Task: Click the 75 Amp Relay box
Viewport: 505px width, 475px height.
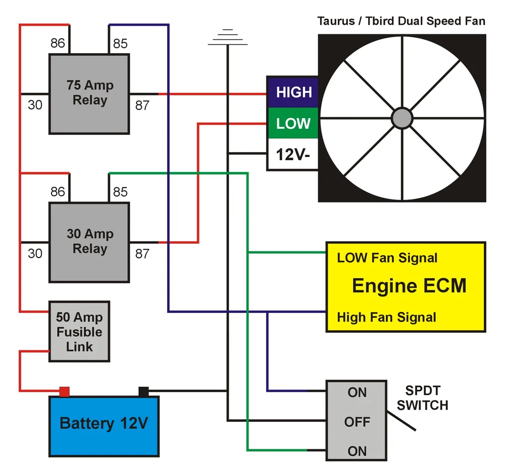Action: click(x=89, y=94)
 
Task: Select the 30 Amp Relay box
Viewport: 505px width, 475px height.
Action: click(x=89, y=242)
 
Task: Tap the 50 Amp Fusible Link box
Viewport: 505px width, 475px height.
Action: click(x=79, y=332)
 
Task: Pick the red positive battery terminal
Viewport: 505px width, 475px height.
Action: click(x=64, y=391)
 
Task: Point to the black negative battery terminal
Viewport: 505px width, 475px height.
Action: click(x=143, y=391)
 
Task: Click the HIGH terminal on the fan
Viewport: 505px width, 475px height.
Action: click(x=293, y=92)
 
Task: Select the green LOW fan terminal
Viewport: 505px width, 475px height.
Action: click(x=293, y=123)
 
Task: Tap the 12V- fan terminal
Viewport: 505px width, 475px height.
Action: click(x=293, y=154)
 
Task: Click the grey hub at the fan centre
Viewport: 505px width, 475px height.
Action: click(x=402, y=118)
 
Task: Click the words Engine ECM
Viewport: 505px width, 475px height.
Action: click(x=409, y=286)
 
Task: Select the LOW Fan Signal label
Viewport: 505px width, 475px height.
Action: click(x=387, y=258)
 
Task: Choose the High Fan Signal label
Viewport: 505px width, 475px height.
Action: click(x=386, y=318)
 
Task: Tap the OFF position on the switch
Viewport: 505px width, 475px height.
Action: click(x=357, y=421)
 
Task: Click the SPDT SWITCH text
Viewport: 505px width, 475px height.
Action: click(x=427, y=398)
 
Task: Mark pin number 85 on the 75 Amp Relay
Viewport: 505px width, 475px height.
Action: click(x=120, y=44)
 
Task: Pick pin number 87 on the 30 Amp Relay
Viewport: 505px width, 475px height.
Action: click(x=142, y=253)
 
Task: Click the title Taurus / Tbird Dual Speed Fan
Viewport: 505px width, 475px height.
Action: click(x=401, y=21)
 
